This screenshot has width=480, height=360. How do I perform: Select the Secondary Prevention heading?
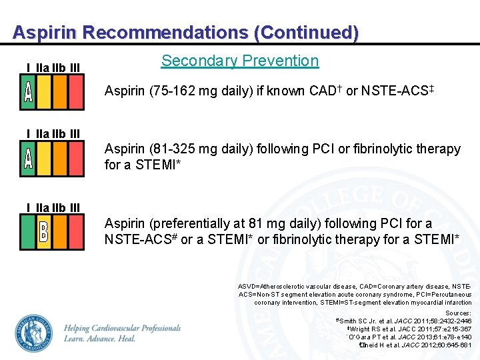point(240,61)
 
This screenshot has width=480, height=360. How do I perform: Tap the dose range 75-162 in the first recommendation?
point(173,91)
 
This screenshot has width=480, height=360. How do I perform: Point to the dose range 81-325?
point(173,149)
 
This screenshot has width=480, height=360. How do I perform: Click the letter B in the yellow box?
point(44,232)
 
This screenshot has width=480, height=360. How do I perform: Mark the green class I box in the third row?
point(28,232)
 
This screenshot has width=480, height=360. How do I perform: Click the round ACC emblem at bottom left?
point(34,333)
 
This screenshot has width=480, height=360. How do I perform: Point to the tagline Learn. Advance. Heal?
point(100,338)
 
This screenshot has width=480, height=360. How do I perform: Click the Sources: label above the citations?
point(458,313)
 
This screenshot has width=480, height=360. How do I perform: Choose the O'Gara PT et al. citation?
point(410,337)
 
